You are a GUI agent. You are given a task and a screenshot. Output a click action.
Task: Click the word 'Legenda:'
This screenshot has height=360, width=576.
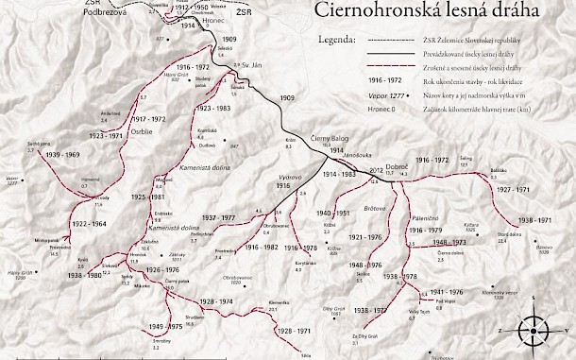click(337, 42)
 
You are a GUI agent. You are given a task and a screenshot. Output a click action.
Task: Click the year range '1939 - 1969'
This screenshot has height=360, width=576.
click(60, 153)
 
